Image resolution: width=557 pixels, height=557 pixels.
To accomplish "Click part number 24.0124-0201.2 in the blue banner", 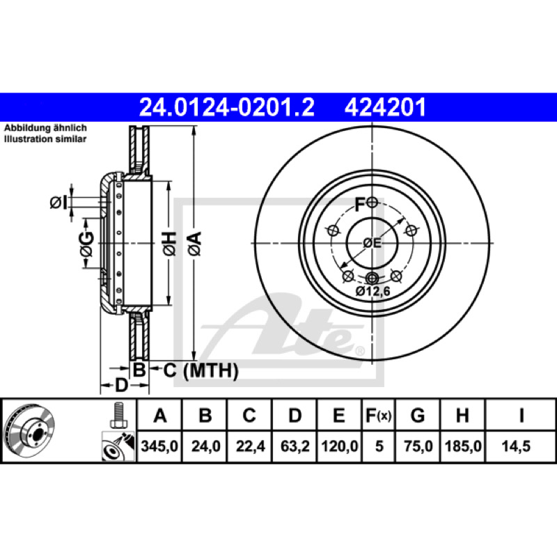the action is click(x=227, y=107).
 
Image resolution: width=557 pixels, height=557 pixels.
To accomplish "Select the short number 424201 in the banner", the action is click(x=385, y=107).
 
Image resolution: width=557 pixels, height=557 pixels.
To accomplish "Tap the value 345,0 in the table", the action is click(x=159, y=446).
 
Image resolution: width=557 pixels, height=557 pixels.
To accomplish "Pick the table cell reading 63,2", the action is click(x=295, y=446).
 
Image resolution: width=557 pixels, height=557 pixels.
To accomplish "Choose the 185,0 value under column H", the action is click(x=463, y=446).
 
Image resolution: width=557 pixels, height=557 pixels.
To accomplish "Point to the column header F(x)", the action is click(x=379, y=415).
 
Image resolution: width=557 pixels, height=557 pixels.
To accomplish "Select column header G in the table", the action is click(x=418, y=415).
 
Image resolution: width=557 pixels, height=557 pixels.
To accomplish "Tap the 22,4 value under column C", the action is click(x=250, y=446).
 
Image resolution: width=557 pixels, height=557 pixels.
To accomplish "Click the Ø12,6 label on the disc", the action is click(x=372, y=292).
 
